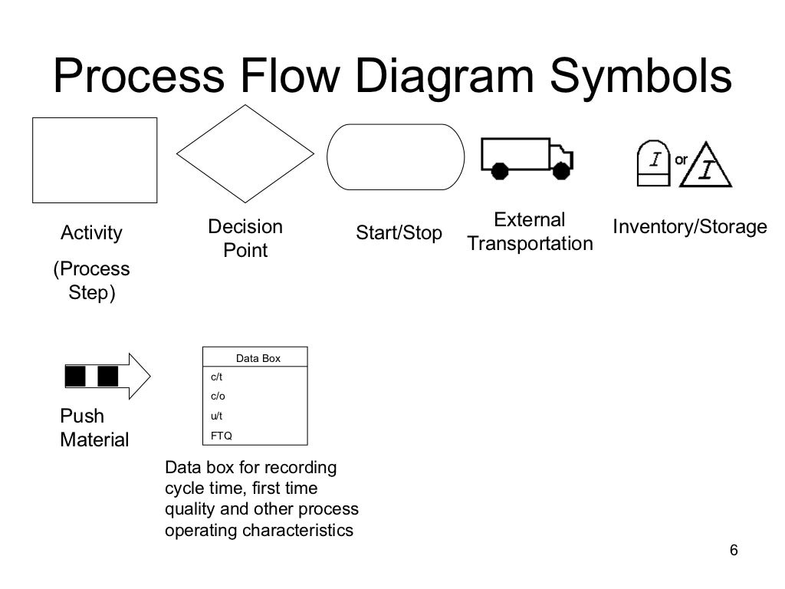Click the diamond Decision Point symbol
pyautogui.click(x=245, y=153)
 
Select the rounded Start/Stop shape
pyautogui.click(x=396, y=156)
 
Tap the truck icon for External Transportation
pyautogui.click(x=526, y=158)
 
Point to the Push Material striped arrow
pyautogui.click(x=107, y=376)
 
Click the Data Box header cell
pyautogui.click(x=258, y=358)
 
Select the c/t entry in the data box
pyautogui.click(x=217, y=377)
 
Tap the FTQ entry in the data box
pyautogui.click(x=221, y=436)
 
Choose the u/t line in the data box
pyautogui.click(x=217, y=416)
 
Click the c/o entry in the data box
pyautogui.click(x=218, y=397)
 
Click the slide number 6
pyautogui.click(x=734, y=551)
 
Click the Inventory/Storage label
pyautogui.click(x=689, y=227)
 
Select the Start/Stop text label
pyautogui.click(x=399, y=233)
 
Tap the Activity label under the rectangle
pyautogui.click(x=91, y=233)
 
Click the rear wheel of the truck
pyautogui.click(x=500, y=170)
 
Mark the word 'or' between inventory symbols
pyautogui.click(x=681, y=160)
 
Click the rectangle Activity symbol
pyautogui.click(x=94, y=160)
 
